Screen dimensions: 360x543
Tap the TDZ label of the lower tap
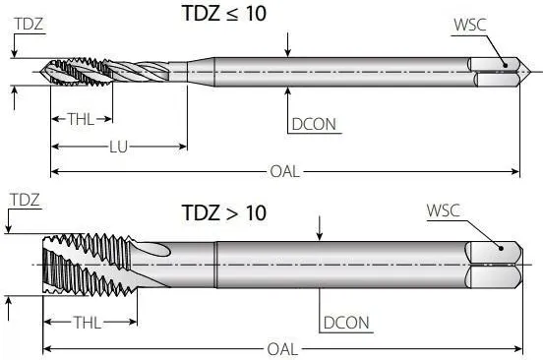(x=25, y=200)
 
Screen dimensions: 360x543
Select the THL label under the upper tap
(x=82, y=119)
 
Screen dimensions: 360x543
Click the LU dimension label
(x=118, y=147)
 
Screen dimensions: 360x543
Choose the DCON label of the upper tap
(x=313, y=125)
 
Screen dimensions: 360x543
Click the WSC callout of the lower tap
(x=444, y=210)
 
